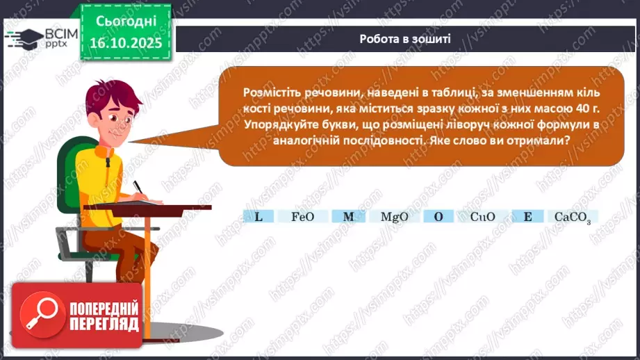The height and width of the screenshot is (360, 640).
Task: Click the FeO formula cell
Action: pyautogui.click(x=303, y=217)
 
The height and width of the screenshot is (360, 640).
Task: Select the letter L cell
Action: pyautogui.click(x=259, y=217)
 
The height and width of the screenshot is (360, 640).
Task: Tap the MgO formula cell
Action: pyautogui.click(x=394, y=217)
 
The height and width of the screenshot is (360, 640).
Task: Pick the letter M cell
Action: pyautogui.click(x=349, y=217)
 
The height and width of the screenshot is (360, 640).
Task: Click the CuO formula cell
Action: pyautogui.click(x=482, y=217)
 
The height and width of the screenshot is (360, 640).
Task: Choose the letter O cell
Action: pyautogui.click(x=438, y=217)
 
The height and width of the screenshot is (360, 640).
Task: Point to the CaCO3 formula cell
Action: pyautogui.click(x=573, y=217)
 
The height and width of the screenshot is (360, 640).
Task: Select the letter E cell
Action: pyautogui.click(x=528, y=217)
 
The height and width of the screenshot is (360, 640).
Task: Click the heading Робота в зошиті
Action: pyautogui.click(x=405, y=39)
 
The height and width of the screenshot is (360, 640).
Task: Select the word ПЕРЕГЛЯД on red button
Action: pyautogui.click(x=104, y=325)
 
